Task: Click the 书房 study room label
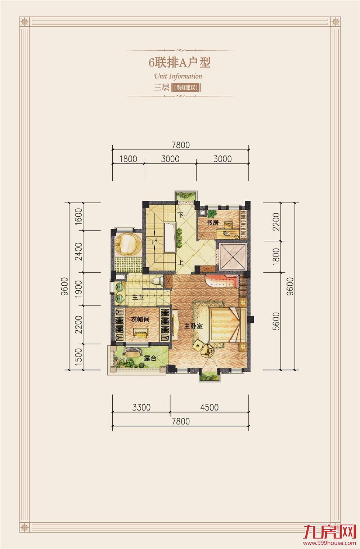pyautogui.click(x=212, y=223)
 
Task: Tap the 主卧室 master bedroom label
pyautogui.click(x=193, y=326)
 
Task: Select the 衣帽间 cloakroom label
pyautogui.click(x=140, y=319)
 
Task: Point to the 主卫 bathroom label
pyautogui.click(x=138, y=297)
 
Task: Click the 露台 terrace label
pyautogui.click(x=150, y=358)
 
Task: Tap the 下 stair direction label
pyautogui.click(x=180, y=215)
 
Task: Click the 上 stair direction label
pyautogui.click(x=180, y=263)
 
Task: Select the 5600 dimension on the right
pyautogui.click(x=276, y=321)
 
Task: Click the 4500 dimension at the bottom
pyautogui.click(x=209, y=407)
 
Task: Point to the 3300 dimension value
pyautogui.click(x=141, y=407)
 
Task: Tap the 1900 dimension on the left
pyautogui.click(x=79, y=289)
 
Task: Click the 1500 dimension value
pyautogui.click(x=79, y=357)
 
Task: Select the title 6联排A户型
pyautogui.click(x=180, y=63)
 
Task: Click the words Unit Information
pyautogui.click(x=178, y=76)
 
